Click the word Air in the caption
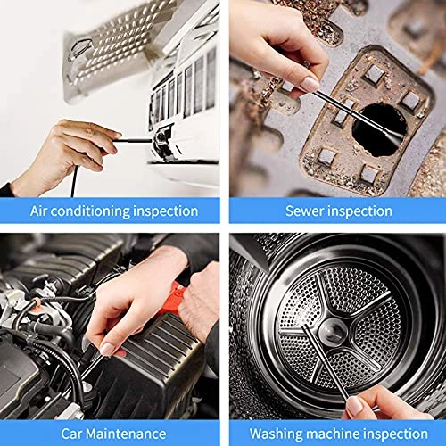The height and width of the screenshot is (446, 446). [41, 211]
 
